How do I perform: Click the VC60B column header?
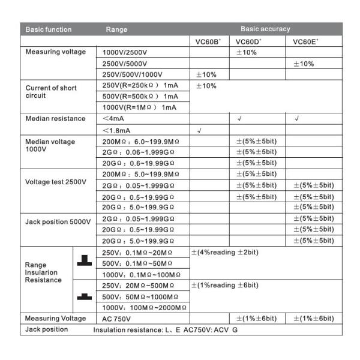pos(208,42)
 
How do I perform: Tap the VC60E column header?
pos(305,42)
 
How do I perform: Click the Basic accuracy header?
pos(265,29)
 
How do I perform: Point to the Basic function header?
pos(49,29)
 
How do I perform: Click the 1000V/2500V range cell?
pos(126,53)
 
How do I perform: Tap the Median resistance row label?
pos(55,118)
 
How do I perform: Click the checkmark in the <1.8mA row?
pos(199,130)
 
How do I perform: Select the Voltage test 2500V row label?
pos(56,181)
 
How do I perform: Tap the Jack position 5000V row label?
pos(58,221)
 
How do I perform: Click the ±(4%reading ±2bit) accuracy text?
pos(225,252)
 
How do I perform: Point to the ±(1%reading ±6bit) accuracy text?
pos(225,285)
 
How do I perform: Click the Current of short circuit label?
pos(51,92)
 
